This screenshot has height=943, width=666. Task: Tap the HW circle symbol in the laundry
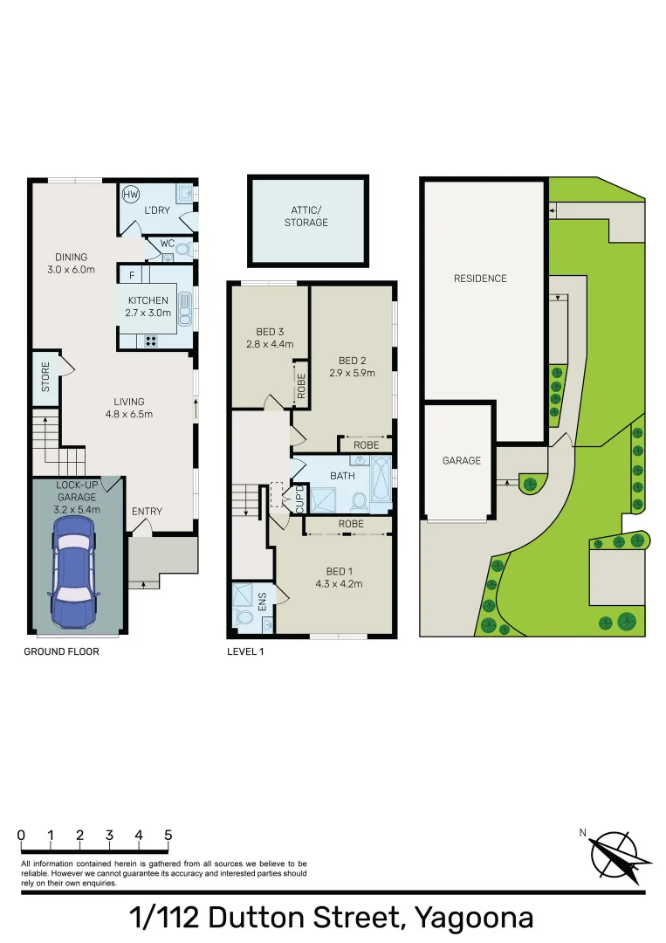point(131,195)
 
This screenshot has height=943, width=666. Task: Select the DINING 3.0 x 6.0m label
point(72,263)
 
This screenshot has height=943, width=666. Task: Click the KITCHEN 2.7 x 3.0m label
point(148,306)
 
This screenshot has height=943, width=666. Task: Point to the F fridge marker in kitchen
point(132,276)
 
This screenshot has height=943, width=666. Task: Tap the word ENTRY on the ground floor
point(147,512)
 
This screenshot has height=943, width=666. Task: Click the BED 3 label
point(270,337)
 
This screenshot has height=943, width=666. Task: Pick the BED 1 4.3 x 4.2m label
point(339,578)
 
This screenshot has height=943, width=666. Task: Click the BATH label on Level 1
point(341,476)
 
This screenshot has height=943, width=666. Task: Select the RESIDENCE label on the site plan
point(480,279)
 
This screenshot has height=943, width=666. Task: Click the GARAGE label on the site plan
point(461,460)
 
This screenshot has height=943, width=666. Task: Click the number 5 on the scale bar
point(168,836)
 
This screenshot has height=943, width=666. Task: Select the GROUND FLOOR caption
point(61,651)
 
